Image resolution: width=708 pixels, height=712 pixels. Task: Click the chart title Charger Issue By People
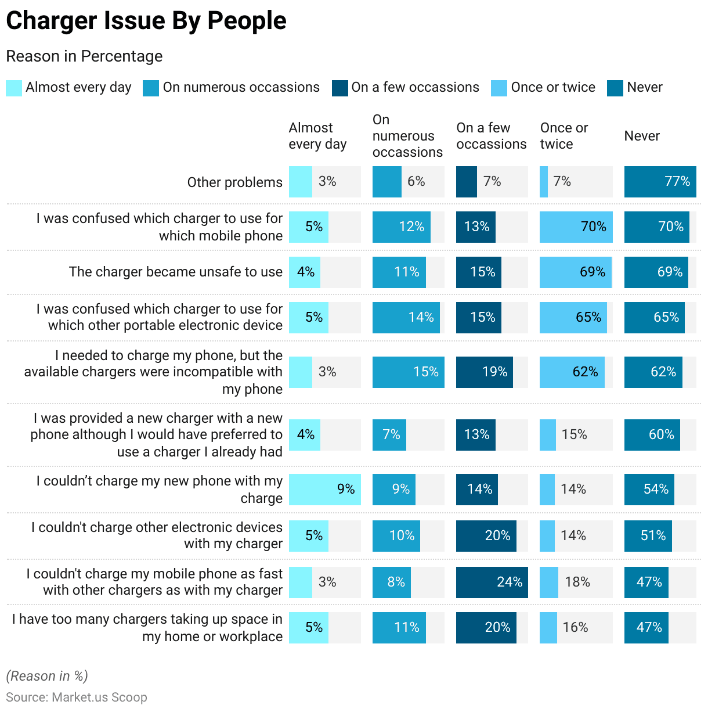tap(146, 21)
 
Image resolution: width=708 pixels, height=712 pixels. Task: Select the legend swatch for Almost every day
tap(14, 88)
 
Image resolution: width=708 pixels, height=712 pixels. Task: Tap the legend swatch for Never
tap(615, 88)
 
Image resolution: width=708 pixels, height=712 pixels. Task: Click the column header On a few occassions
tap(491, 136)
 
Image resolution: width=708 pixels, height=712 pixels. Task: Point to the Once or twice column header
tap(563, 136)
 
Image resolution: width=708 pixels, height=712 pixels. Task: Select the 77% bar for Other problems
tap(660, 182)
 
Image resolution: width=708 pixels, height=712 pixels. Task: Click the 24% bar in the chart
tap(492, 582)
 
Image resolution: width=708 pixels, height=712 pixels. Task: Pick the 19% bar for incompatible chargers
tap(485, 372)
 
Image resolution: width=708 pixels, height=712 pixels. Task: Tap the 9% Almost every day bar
tap(324, 490)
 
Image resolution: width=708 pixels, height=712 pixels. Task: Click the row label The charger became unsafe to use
tap(175, 272)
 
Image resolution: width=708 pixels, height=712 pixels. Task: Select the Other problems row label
tap(234, 182)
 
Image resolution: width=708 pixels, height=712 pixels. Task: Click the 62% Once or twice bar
tap(572, 372)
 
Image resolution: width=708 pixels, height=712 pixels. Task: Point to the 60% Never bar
tap(652, 435)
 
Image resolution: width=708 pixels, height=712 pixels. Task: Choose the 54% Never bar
tap(649, 490)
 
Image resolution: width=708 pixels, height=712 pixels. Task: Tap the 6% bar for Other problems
tap(387, 182)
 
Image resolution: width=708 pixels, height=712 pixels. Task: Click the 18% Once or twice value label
tap(577, 582)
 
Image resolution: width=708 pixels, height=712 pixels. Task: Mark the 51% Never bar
tap(648, 536)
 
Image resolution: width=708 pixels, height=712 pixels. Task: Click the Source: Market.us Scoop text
tap(77, 697)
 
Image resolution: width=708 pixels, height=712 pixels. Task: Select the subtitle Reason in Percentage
tap(84, 56)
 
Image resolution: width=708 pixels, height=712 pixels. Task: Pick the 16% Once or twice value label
tap(575, 628)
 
